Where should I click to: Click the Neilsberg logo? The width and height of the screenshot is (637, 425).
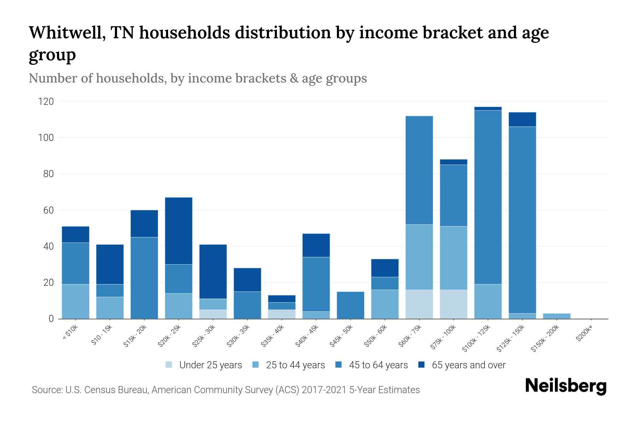tap(566, 386)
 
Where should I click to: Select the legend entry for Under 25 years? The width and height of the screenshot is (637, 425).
tap(204, 365)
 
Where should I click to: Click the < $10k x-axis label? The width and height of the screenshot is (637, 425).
tap(70, 333)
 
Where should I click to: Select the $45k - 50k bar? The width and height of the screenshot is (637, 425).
tap(350, 305)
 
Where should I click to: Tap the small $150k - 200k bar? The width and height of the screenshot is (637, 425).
tap(557, 316)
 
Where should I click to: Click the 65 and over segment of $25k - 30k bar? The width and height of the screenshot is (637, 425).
tap(213, 271)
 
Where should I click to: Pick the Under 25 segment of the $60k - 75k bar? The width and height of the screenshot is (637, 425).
tap(419, 304)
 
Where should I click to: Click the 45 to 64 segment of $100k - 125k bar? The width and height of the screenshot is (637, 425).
tap(488, 197)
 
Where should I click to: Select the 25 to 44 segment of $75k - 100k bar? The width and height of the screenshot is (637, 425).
tap(453, 258)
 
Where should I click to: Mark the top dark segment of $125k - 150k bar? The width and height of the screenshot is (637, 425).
tap(522, 119)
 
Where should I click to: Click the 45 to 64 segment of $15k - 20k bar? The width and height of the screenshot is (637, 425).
tap(144, 278)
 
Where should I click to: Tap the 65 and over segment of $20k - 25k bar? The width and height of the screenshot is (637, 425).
tap(179, 231)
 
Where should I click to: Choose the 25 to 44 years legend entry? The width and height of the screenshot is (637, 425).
tap(289, 365)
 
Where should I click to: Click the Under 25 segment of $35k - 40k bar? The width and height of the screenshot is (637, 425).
tap(282, 314)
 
